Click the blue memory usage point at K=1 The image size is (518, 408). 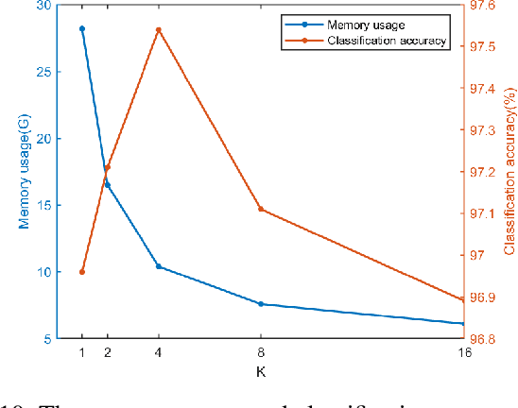82,28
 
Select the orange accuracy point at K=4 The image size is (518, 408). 158,29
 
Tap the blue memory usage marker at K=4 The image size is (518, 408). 158,266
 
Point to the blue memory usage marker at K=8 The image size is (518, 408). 260,304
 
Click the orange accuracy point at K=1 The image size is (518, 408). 82,272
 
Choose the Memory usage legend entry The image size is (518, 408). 365,25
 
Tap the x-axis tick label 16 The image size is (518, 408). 463,353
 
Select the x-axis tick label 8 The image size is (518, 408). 260,353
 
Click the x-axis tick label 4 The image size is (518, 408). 158,353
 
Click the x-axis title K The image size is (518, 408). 260,371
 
